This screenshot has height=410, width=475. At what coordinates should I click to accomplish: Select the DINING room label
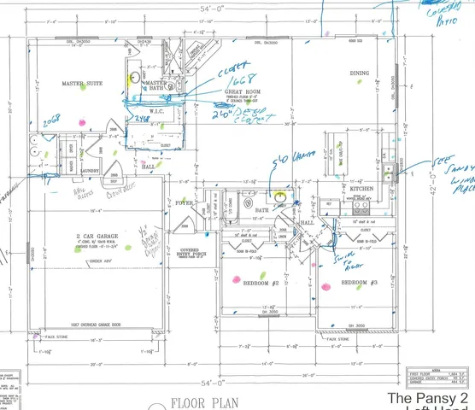point(359,73)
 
